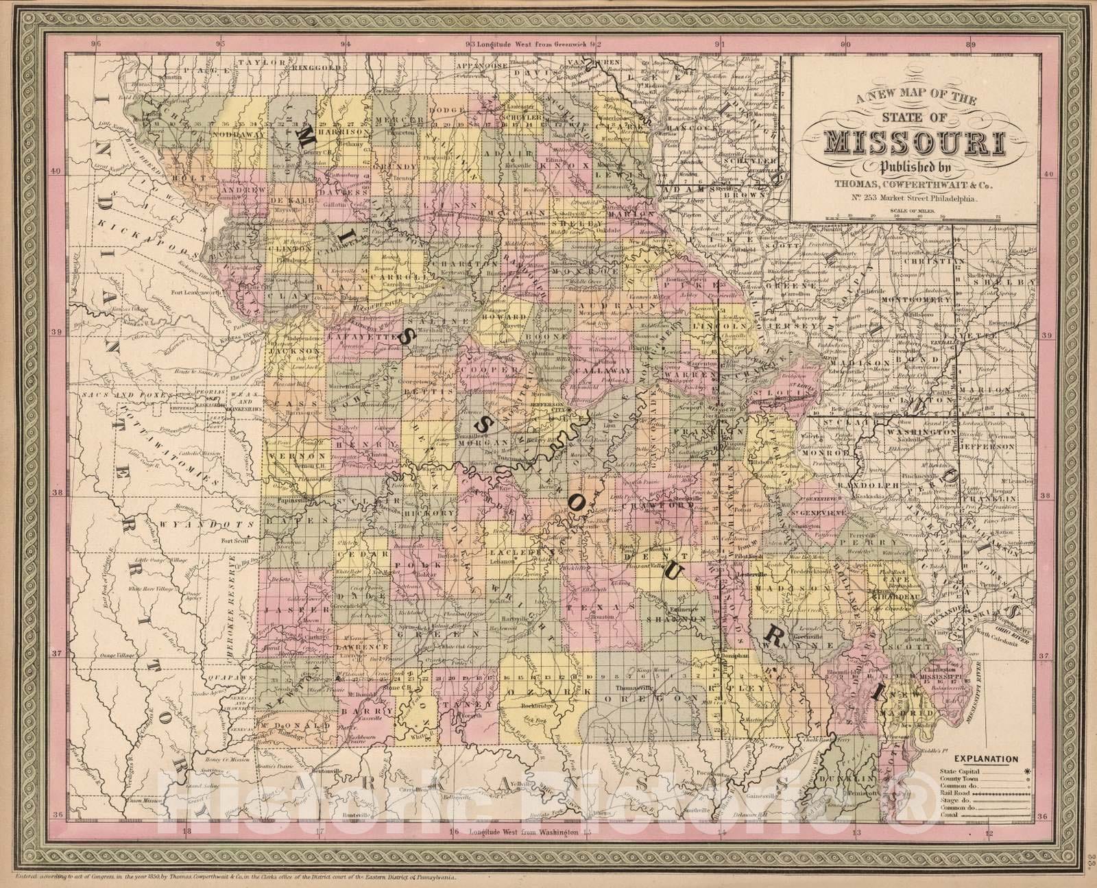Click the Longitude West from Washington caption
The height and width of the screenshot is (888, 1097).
521,832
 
